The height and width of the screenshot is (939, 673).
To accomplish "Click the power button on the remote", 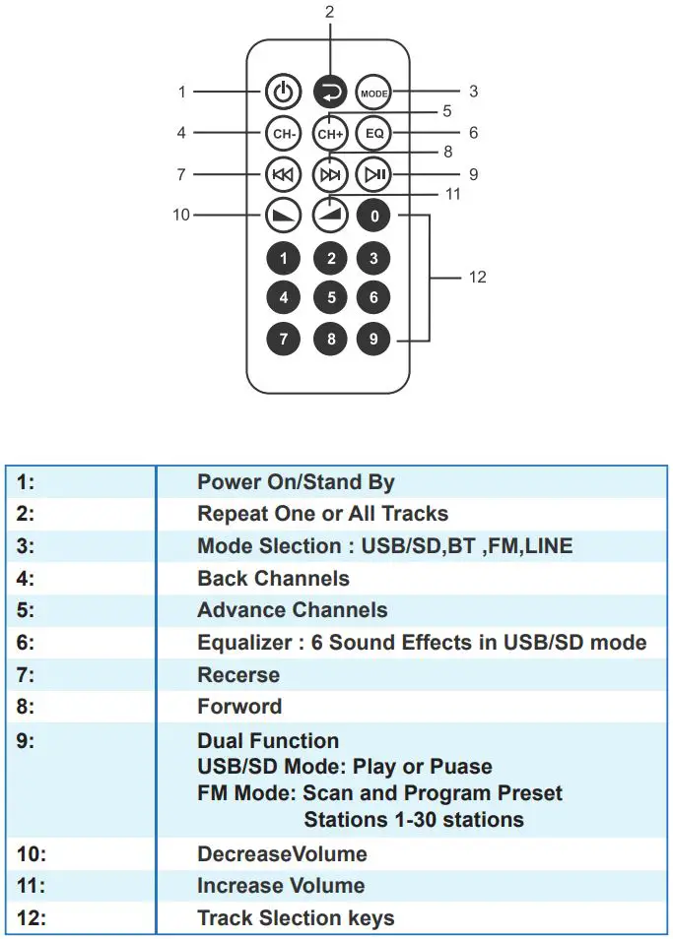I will tap(283, 93).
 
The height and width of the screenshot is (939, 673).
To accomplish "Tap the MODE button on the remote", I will tap(373, 93).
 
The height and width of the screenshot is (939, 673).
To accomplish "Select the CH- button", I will tap(283, 133).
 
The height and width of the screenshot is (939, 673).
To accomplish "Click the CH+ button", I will tap(329, 133).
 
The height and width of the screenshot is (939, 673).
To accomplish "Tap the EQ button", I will tap(373, 133).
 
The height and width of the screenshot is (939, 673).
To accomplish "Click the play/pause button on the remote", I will tap(373, 175).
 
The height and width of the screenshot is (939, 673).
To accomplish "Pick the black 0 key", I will tap(373, 216).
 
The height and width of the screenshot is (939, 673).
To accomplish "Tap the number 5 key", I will tap(329, 297).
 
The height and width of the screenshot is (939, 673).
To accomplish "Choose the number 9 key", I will tap(373, 340).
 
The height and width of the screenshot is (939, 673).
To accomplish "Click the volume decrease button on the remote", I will tap(283, 216).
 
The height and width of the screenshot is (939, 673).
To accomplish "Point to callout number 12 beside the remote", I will tap(477, 278).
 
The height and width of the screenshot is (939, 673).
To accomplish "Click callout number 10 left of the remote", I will tap(181, 215).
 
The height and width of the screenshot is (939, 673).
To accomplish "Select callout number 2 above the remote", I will tap(329, 13).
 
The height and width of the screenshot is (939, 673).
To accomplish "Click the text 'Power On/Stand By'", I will tap(296, 482).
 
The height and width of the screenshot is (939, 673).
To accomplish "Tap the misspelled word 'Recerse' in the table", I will tap(238, 675).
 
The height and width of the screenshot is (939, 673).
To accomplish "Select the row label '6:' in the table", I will tap(26, 643).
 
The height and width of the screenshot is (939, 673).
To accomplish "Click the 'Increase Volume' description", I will tap(281, 886).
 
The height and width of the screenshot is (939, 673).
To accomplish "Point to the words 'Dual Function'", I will tap(268, 741).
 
